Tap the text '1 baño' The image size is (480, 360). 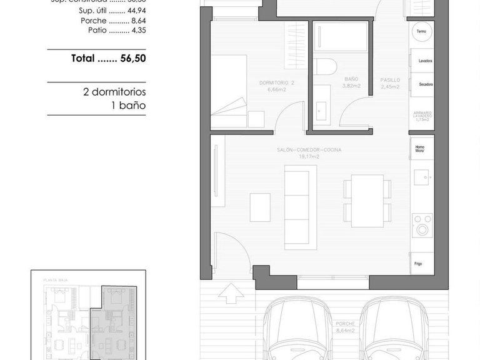pyautogui.click(x=127, y=105)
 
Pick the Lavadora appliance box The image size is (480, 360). pyautogui.click(x=422, y=61)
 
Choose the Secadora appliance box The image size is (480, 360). pyautogui.click(x=422, y=84)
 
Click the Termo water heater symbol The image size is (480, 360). pyautogui.click(x=422, y=31)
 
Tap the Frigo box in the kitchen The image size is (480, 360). pyautogui.click(x=422, y=263)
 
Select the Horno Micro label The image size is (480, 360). pyautogui.click(x=422, y=148)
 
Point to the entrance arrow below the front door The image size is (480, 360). pyautogui.click(x=230, y=292)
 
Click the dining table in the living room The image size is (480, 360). pyautogui.click(x=367, y=201)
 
